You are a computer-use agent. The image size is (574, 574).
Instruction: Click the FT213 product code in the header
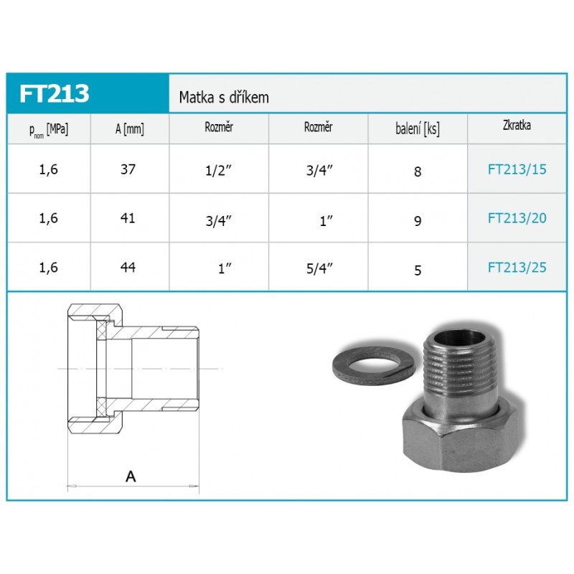pos(55,93)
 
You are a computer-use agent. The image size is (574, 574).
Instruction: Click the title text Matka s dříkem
pos(224,98)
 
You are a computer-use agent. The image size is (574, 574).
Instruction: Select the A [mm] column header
pos(130,129)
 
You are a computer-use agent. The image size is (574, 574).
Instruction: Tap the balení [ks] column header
pos(418,129)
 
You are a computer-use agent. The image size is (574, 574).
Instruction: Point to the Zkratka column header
pos(517,125)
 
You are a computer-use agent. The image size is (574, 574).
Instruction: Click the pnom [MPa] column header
pos(49,130)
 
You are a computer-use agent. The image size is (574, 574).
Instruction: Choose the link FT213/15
pos(517,169)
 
